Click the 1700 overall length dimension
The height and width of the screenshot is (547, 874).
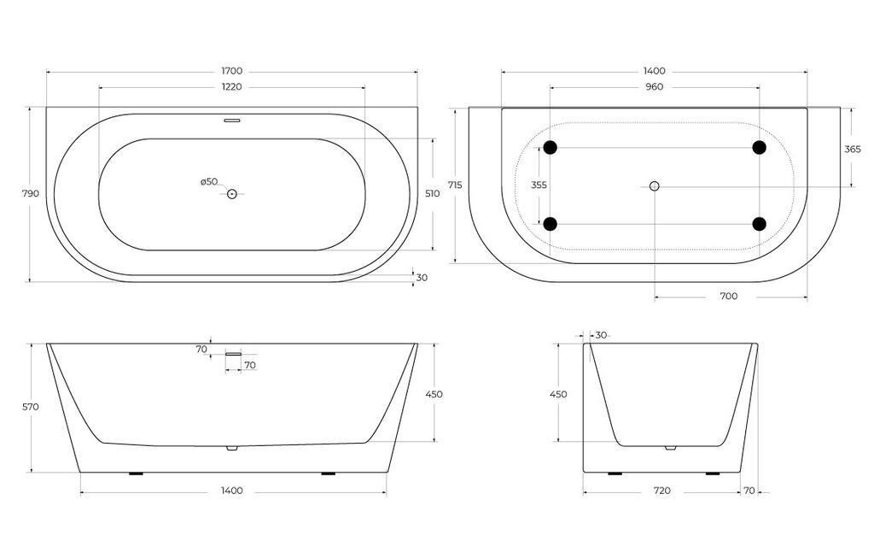point(231,71)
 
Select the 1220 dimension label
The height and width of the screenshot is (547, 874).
point(231,86)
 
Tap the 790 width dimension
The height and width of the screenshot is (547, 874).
point(30,194)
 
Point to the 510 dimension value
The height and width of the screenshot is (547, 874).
point(433,194)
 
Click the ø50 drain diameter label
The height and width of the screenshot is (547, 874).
point(209,181)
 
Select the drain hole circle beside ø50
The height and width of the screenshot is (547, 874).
point(231,194)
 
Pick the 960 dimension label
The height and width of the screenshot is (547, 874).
point(655,86)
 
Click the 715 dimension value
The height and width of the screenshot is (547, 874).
point(455,185)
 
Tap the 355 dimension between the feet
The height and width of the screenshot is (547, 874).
point(539,185)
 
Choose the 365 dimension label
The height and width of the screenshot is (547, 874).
point(852,149)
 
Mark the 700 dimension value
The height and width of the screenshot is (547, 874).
point(729,297)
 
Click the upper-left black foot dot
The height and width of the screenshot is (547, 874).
point(551,148)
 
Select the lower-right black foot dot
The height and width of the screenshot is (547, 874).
point(759,224)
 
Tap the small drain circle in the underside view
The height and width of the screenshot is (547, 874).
point(655,186)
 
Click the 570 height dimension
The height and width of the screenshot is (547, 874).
point(31,408)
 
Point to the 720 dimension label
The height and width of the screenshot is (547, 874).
point(661,491)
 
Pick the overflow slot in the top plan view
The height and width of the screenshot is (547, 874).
point(231,121)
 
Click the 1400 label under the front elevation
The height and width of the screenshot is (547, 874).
point(231,491)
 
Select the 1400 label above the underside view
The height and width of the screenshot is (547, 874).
point(655,71)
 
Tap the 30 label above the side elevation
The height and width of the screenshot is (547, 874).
point(601,335)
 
